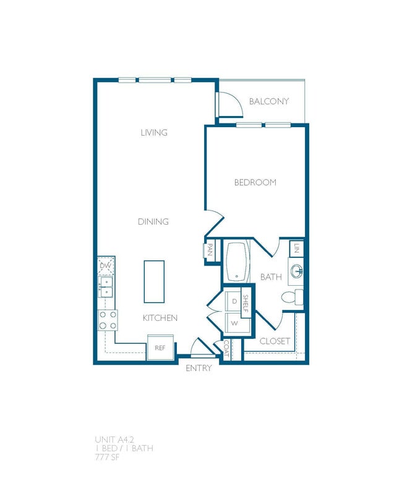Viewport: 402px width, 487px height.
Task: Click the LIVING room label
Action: click(x=154, y=133)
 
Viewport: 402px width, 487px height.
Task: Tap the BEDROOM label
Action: click(x=255, y=183)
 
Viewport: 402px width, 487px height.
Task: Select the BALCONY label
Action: click(x=268, y=101)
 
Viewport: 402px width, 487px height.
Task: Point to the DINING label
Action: click(x=153, y=222)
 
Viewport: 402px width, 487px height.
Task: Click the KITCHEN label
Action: click(x=160, y=318)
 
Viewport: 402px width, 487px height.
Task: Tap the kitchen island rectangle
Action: click(x=154, y=281)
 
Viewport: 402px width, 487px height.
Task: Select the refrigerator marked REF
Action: click(x=160, y=348)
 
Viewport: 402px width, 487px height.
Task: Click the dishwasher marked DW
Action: click(x=106, y=265)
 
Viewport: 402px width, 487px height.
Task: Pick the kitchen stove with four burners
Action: click(x=107, y=319)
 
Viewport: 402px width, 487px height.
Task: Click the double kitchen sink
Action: click(x=106, y=288)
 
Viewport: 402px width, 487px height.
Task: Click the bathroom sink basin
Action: click(x=297, y=270)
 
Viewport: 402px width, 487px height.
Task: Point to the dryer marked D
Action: click(x=234, y=301)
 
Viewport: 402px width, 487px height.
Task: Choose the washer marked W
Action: click(x=234, y=322)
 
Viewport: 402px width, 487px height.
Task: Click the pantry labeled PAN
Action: click(x=210, y=250)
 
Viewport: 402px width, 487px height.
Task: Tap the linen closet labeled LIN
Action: click(x=297, y=249)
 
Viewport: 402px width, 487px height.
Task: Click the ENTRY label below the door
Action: click(x=199, y=368)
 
